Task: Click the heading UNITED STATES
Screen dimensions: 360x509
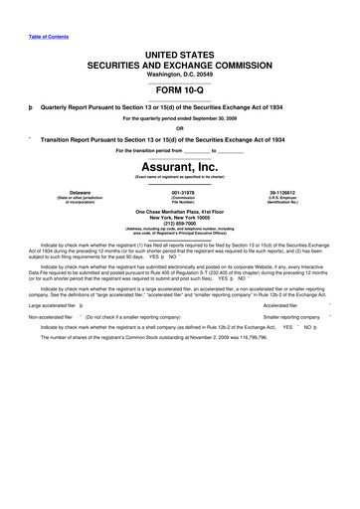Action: [x=180, y=52]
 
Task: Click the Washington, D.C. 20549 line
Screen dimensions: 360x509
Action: [x=180, y=75]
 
